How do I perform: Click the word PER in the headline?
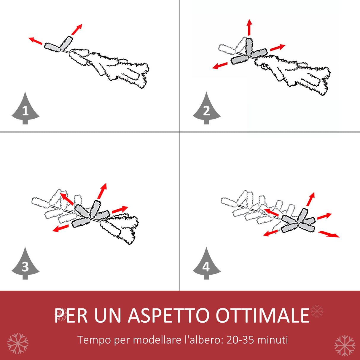(71, 316)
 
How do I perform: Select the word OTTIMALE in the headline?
(262, 316)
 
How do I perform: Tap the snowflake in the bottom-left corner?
(18, 343)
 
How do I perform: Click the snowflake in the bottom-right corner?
(345, 345)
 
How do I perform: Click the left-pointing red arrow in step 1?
(35, 41)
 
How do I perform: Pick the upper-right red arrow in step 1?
(77, 29)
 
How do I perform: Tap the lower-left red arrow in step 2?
(220, 66)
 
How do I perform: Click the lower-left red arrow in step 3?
(60, 228)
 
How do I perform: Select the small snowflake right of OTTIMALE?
(317, 311)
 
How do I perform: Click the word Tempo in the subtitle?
(94, 340)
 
